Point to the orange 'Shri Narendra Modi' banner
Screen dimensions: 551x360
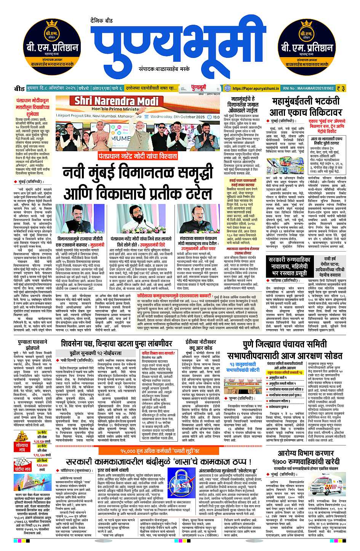pyautogui.click(x=116, y=101)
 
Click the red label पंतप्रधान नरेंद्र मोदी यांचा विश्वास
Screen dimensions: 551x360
pyautogui.click(x=138, y=156)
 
